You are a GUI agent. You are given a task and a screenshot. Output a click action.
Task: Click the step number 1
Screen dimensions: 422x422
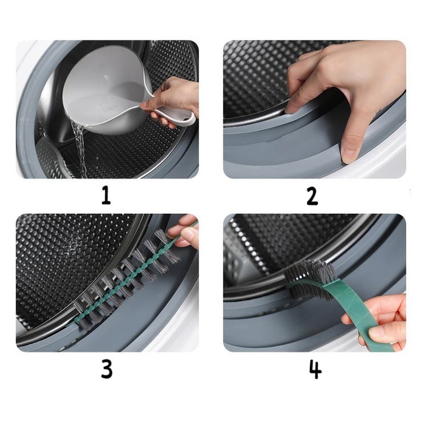[106, 196]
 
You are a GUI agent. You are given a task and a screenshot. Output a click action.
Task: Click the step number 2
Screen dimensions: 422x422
[312, 196]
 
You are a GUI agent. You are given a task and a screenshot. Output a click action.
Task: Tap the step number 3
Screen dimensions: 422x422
[107, 370]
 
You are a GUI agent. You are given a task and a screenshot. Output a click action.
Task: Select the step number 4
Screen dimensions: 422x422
[315, 370]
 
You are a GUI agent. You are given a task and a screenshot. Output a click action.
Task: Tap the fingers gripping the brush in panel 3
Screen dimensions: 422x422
[186, 232]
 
